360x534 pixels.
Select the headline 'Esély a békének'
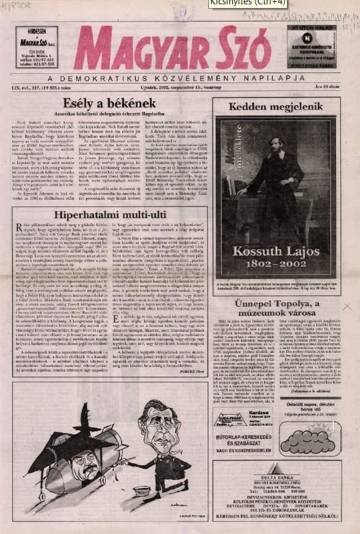coord(110,103)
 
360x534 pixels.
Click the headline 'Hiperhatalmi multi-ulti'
coord(109,215)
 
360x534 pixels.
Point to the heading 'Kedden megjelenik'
coord(276,106)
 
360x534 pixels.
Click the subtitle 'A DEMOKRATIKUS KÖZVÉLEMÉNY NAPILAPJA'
coord(184,78)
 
